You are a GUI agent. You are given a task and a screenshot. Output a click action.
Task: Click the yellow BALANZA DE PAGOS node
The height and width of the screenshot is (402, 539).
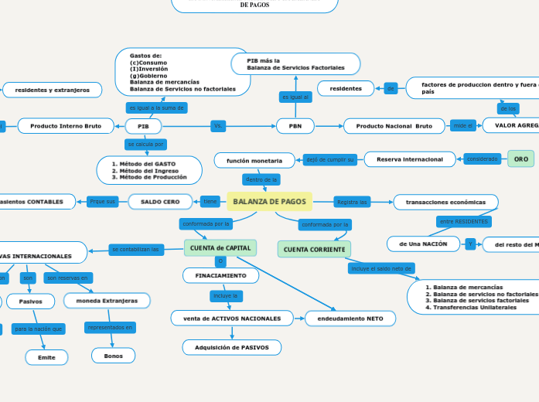[x=269, y=202]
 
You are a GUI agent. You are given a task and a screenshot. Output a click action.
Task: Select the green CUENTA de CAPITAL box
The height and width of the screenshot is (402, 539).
[x=220, y=247]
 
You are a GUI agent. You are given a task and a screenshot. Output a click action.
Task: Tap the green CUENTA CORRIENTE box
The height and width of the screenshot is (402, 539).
[x=314, y=249]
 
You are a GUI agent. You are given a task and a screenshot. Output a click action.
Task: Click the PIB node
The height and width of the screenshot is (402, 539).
[x=143, y=126]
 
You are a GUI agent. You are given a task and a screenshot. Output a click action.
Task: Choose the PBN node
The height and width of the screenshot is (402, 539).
[x=295, y=126]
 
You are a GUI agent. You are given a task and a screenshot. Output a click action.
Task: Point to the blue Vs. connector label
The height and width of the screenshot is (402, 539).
[x=217, y=126]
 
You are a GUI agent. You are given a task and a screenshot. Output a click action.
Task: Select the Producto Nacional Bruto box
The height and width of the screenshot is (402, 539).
[x=394, y=126]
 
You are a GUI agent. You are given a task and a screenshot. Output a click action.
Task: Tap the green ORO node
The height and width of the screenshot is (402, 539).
[x=520, y=158]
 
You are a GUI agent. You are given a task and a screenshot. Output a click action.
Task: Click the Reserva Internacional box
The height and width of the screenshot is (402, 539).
[x=409, y=159]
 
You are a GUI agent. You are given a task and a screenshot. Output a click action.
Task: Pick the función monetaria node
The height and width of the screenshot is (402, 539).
[x=254, y=160]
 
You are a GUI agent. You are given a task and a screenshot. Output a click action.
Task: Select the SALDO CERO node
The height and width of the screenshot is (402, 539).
[x=160, y=202]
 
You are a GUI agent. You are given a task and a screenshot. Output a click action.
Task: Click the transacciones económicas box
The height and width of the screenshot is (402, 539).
[x=446, y=202]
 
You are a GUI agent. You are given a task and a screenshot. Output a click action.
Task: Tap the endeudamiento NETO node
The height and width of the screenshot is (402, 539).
[x=350, y=318]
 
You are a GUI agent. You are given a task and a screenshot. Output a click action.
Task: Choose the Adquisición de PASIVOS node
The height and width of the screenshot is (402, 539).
[x=232, y=347]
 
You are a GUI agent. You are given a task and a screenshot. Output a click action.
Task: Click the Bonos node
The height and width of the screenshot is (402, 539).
[x=113, y=356]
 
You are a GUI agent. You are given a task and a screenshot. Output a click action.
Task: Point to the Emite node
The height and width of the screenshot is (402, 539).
[x=46, y=357]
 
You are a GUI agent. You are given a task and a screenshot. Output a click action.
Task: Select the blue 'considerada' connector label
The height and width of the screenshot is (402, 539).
[x=483, y=159]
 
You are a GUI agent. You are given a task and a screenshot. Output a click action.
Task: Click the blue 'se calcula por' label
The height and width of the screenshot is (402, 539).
[x=145, y=145]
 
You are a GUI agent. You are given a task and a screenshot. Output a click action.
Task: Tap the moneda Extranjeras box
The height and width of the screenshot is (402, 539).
[x=107, y=300]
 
